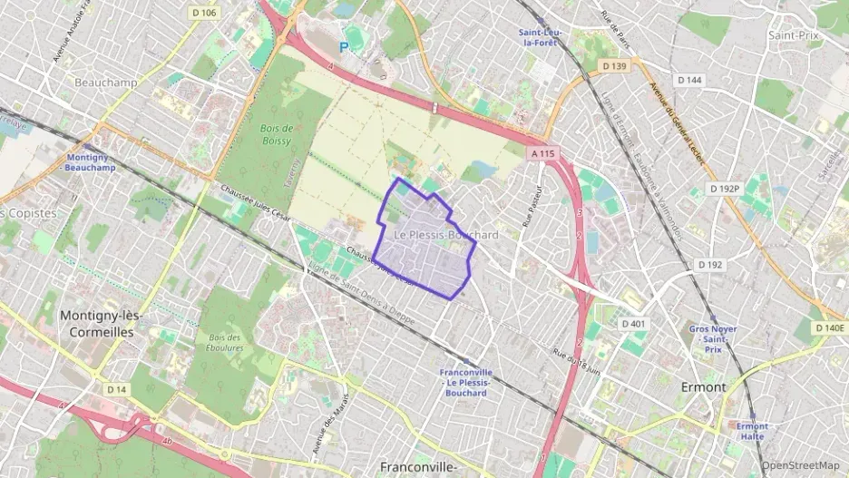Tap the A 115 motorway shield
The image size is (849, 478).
542,154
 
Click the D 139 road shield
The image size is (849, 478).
614,67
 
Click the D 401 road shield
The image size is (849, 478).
633,324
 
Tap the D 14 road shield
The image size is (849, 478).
115,390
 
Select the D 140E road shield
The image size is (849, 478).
829,327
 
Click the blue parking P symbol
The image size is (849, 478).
343,46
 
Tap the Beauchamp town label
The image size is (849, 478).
106,83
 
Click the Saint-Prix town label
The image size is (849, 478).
795,35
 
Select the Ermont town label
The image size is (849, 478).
703,387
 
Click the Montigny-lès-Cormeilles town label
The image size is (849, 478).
97,324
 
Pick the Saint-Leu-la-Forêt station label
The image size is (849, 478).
541,37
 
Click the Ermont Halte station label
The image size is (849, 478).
752,432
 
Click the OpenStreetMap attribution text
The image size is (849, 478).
800,465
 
